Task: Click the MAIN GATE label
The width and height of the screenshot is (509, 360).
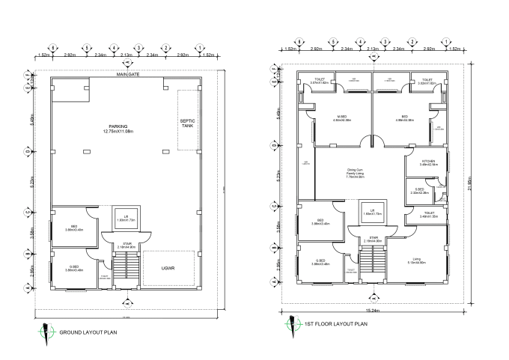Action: tap(129, 75)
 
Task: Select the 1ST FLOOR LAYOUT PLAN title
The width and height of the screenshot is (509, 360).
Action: tap(336, 325)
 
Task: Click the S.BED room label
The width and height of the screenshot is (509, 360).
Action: tap(419, 191)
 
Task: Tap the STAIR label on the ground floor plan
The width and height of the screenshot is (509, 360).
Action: tap(125, 245)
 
